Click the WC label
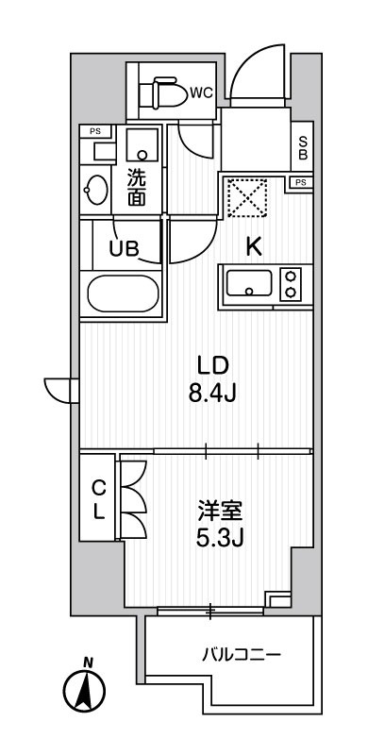coord(201,92)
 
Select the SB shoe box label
coord(302,146)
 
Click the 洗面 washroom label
coord(138,185)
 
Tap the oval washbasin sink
coord(96,189)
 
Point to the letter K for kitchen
coord(253,247)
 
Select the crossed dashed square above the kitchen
coord(245,198)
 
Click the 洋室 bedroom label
coord(221,512)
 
